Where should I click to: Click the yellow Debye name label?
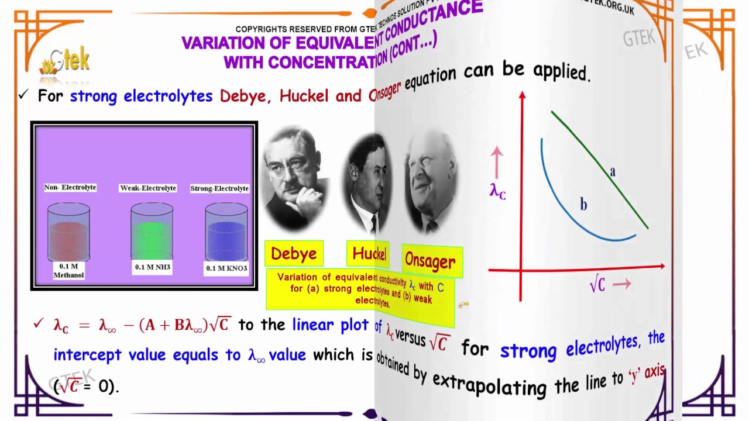click(294, 254)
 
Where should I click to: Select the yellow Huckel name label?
click(369, 254)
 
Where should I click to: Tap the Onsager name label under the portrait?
click(431, 261)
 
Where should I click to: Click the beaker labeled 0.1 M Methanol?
click(68, 233)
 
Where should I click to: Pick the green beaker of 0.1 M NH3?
click(152, 233)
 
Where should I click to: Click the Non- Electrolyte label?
click(70, 188)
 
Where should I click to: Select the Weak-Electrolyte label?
click(148, 188)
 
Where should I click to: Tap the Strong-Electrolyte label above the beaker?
click(219, 188)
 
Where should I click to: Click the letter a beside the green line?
click(613, 171)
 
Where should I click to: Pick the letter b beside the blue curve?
click(583, 204)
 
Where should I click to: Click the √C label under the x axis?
click(597, 285)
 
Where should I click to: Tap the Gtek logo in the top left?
click(66, 60)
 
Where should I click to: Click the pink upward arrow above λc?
click(497, 161)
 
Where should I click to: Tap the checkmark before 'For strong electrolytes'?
click(23, 95)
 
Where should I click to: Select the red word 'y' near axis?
click(633, 375)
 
